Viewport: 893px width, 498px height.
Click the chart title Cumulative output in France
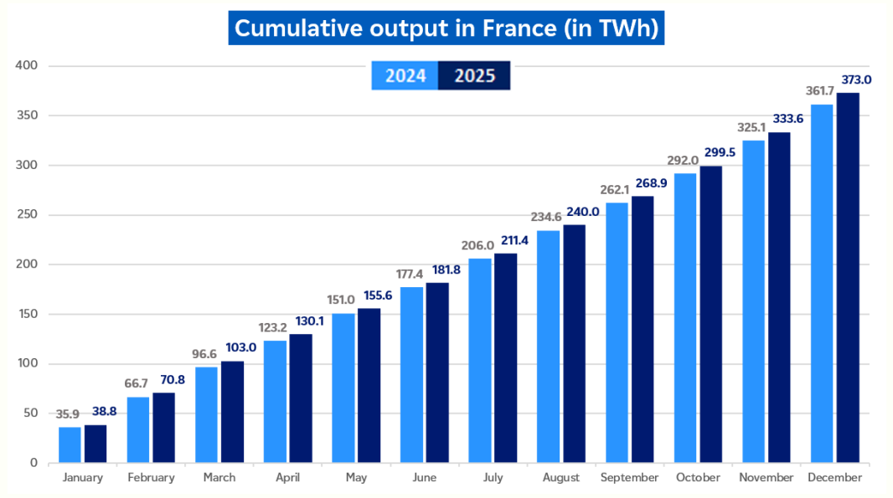pos(446,28)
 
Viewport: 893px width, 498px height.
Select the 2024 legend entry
pos(405,76)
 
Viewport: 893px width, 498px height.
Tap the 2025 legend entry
pos(474,76)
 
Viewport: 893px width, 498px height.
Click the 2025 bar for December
pos(848,278)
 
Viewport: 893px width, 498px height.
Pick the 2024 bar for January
pos(70,444)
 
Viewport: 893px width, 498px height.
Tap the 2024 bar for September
pos(617,332)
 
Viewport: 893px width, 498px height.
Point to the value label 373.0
pos(856,80)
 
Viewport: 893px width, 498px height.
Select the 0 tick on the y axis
pos(34,463)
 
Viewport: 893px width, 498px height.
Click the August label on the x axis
pos(560,478)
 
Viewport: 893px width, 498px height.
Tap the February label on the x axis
pos(151,478)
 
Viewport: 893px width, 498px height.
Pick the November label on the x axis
pos(766,478)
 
